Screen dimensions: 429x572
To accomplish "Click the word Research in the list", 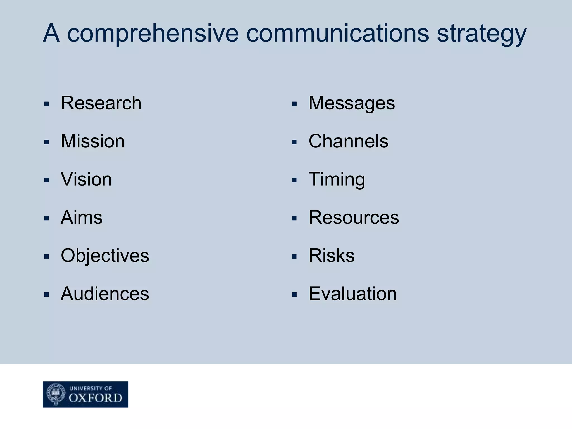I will (101, 103).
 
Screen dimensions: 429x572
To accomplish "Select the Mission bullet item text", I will (93, 141).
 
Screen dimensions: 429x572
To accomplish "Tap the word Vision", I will (86, 179).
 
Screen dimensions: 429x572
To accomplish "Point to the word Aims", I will (82, 218).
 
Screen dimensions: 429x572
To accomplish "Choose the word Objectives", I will (105, 256).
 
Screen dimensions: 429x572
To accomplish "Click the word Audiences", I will (105, 294).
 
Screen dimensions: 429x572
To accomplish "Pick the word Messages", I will (352, 103).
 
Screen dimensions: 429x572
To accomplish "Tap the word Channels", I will (348, 141).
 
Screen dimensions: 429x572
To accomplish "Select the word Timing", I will (337, 179).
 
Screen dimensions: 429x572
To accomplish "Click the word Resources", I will (354, 218).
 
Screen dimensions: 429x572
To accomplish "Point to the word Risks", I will (332, 256).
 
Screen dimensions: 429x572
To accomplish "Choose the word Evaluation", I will (352, 294).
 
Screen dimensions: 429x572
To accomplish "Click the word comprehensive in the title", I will (153, 34).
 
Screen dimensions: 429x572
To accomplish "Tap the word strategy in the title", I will (482, 34).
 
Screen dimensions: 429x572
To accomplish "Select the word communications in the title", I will (337, 34).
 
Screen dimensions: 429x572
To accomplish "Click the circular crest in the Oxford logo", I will (56, 394).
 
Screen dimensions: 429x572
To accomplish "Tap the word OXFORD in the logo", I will (96, 398).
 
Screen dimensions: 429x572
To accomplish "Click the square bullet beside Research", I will (47, 104).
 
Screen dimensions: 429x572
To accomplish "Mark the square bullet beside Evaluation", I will (294, 295).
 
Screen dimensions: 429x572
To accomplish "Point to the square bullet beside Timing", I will (294, 181).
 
